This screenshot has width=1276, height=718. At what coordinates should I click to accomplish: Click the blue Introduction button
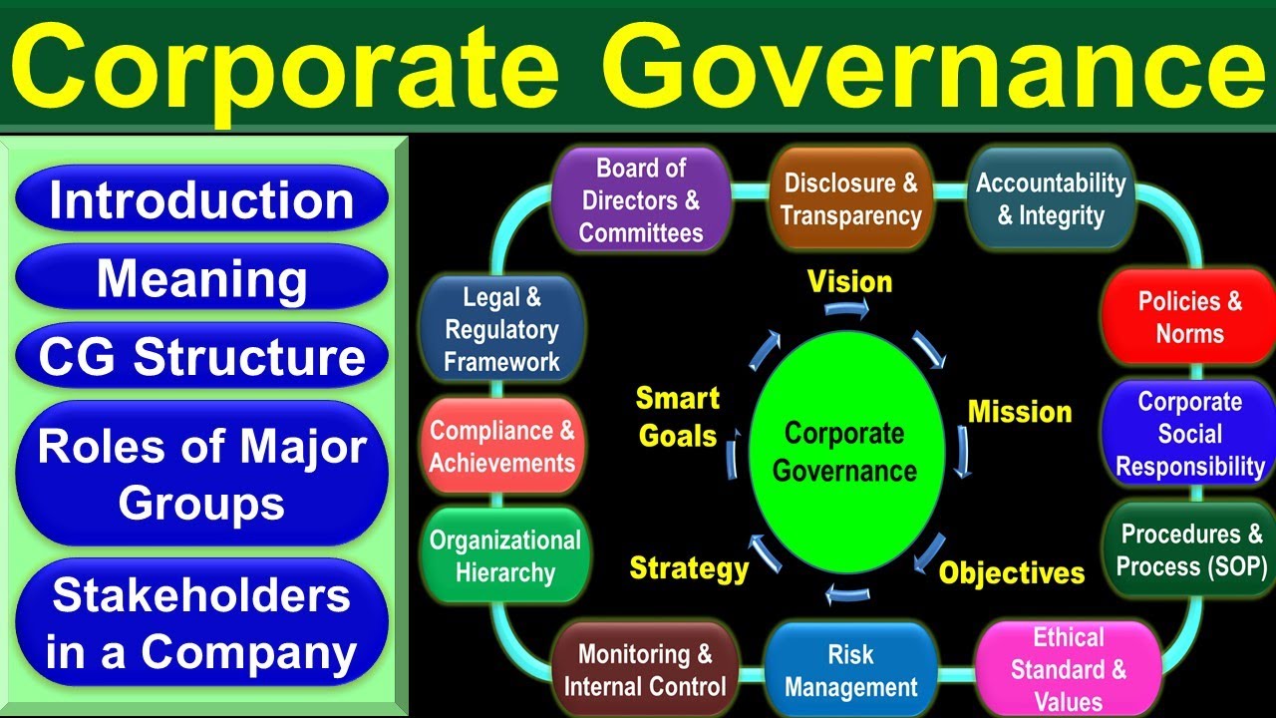click(201, 199)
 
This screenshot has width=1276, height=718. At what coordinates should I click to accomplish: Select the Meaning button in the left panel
click(201, 278)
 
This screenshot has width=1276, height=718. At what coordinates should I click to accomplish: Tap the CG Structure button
click(201, 356)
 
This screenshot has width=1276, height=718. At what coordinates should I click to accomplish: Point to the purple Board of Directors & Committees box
click(641, 199)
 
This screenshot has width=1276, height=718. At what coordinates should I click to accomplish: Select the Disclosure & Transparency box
click(850, 199)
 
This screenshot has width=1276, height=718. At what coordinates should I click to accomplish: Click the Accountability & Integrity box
click(1051, 199)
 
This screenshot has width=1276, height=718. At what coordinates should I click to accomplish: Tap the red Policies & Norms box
click(1190, 317)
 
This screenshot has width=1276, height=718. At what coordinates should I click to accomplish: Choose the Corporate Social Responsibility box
click(1190, 434)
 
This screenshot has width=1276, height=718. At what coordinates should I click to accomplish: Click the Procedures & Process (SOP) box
click(1190, 549)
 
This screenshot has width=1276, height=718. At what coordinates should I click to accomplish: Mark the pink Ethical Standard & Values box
click(1068, 668)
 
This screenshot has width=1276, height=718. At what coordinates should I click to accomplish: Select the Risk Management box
click(850, 670)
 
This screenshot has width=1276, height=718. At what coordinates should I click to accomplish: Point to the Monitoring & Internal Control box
click(645, 670)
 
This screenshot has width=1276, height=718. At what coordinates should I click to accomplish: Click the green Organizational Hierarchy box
click(504, 555)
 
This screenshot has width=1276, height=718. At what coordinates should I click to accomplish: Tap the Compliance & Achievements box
click(502, 446)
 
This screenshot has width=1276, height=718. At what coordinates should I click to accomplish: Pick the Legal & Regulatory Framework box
click(502, 329)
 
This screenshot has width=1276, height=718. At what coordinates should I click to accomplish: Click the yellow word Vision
click(849, 282)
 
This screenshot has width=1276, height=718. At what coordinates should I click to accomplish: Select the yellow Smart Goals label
click(678, 417)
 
